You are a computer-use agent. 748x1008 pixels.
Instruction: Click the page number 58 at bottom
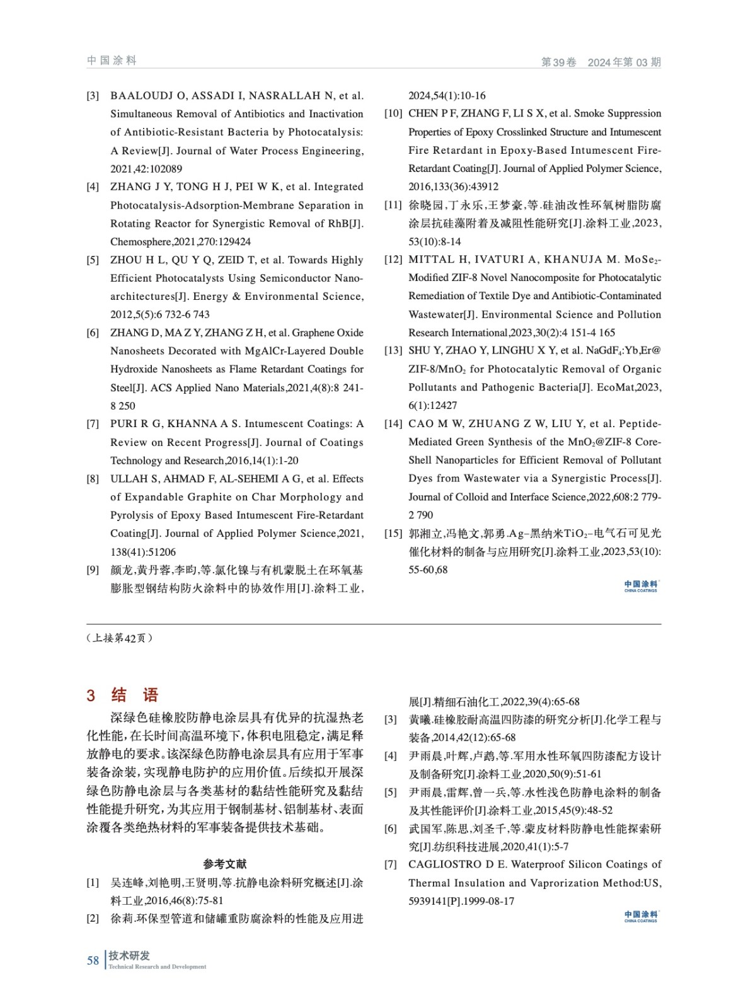[93, 960]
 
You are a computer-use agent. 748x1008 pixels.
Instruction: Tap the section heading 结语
[134, 695]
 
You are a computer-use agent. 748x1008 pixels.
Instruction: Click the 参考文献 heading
[225, 864]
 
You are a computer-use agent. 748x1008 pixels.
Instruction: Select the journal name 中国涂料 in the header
[112, 60]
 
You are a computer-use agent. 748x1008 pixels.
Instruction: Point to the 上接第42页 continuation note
[119, 638]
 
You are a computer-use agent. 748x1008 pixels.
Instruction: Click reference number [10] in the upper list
[393, 113]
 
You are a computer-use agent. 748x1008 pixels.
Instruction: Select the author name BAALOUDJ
[142, 96]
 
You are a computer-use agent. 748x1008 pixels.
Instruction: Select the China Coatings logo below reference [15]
[640, 586]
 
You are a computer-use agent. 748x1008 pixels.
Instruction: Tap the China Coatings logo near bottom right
[640, 916]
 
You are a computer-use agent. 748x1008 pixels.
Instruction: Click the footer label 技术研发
[129, 955]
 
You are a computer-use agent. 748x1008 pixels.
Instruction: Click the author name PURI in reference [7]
[122, 424]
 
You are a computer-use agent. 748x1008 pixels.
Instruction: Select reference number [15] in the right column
[393, 534]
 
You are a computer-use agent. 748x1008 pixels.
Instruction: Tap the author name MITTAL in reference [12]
[431, 260]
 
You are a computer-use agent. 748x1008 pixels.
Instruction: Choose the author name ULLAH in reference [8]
[127, 479]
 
